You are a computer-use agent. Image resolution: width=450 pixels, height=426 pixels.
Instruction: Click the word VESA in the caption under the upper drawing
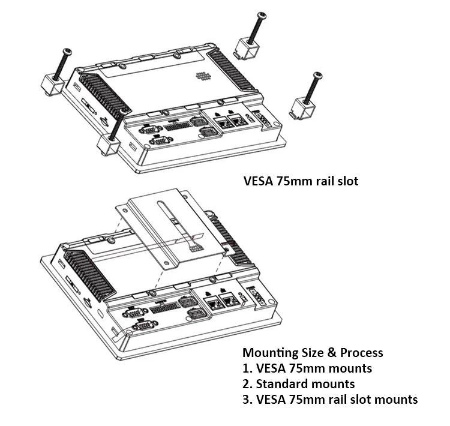click(258, 181)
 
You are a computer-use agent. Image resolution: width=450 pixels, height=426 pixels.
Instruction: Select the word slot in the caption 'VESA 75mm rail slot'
click(346, 181)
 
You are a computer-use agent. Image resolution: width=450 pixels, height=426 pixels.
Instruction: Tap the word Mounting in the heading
click(271, 353)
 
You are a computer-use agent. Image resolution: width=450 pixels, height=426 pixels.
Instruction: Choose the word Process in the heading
click(362, 353)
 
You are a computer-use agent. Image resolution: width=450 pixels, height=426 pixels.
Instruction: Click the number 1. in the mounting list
click(247, 368)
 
